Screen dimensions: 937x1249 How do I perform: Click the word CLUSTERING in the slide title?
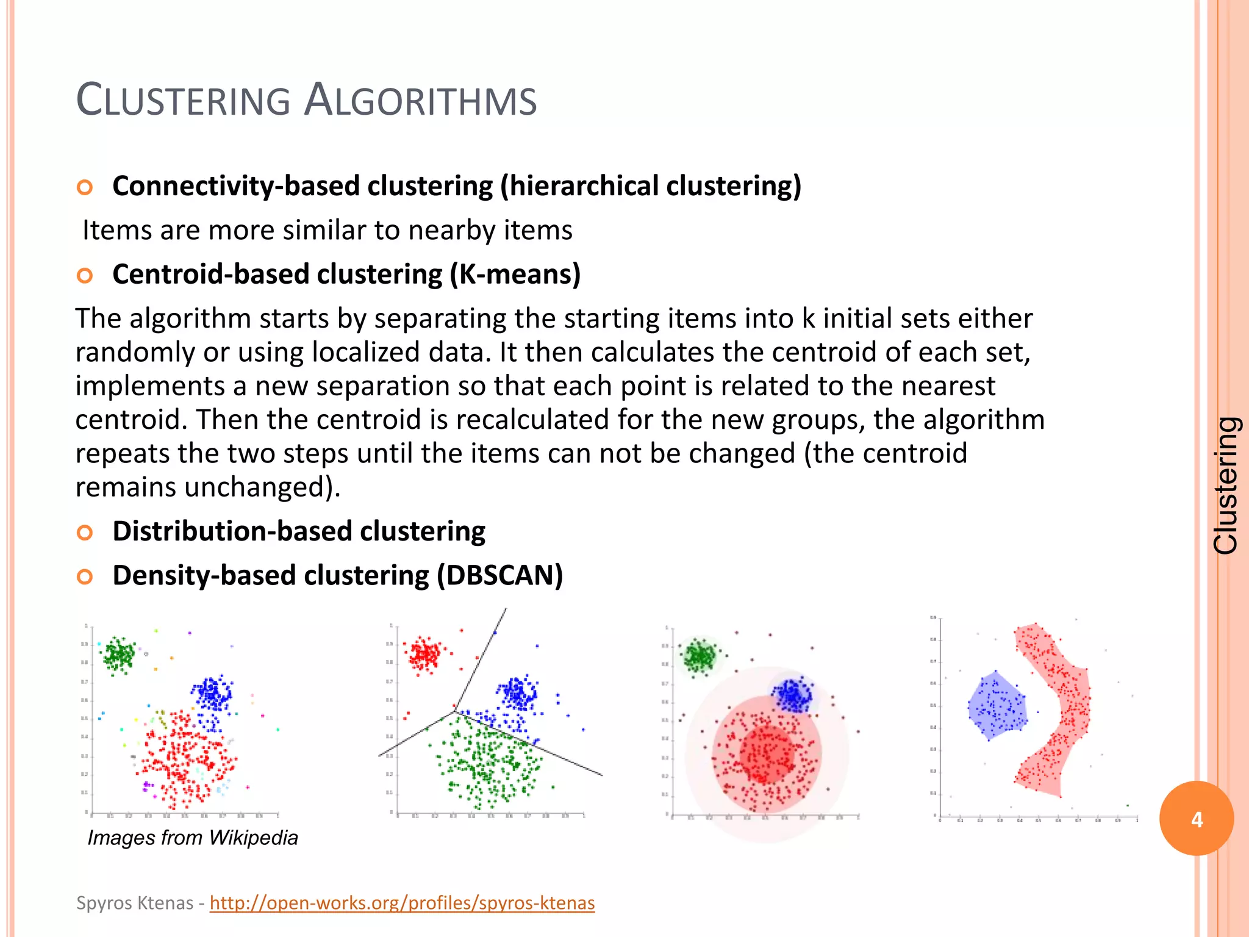(x=183, y=101)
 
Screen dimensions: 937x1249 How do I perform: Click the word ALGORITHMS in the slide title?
(x=420, y=101)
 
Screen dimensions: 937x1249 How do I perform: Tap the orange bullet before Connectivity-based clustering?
(x=85, y=187)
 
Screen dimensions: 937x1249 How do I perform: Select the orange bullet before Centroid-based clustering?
(x=85, y=276)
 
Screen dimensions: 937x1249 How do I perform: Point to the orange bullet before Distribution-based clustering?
(x=85, y=533)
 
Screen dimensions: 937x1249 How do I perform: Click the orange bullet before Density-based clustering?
(x=85, y=577)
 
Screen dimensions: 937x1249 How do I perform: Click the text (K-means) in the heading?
(x=515, y=275)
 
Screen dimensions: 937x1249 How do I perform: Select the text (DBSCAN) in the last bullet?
(x=499, y=576)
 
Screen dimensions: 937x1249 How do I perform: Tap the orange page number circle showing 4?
(x=1196, y=819)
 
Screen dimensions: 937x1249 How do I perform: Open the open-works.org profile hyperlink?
(x=402, y=903)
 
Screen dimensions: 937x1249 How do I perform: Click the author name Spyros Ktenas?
(x=135, y=903)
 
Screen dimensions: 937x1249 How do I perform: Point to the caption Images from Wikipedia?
(x=193, y=838)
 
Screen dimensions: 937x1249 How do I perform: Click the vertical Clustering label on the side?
(x=1225, y=486)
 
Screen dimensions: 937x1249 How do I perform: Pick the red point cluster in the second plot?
(x=424, y=656)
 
